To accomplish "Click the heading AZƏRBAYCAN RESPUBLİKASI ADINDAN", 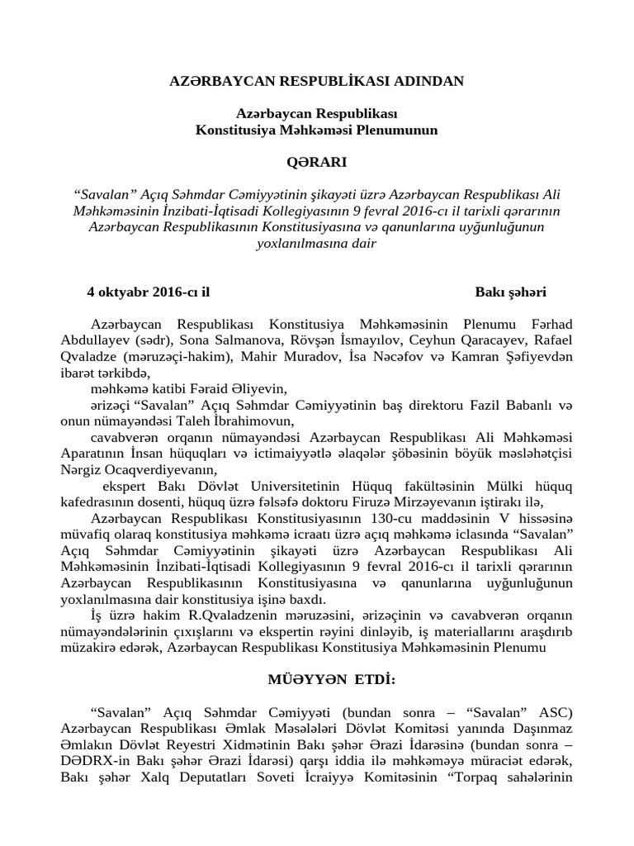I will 317,81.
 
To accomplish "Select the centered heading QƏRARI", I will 316,162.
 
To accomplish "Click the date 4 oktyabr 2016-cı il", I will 149,292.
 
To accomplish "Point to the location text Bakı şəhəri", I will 510,292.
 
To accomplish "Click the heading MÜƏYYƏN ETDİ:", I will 316,680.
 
